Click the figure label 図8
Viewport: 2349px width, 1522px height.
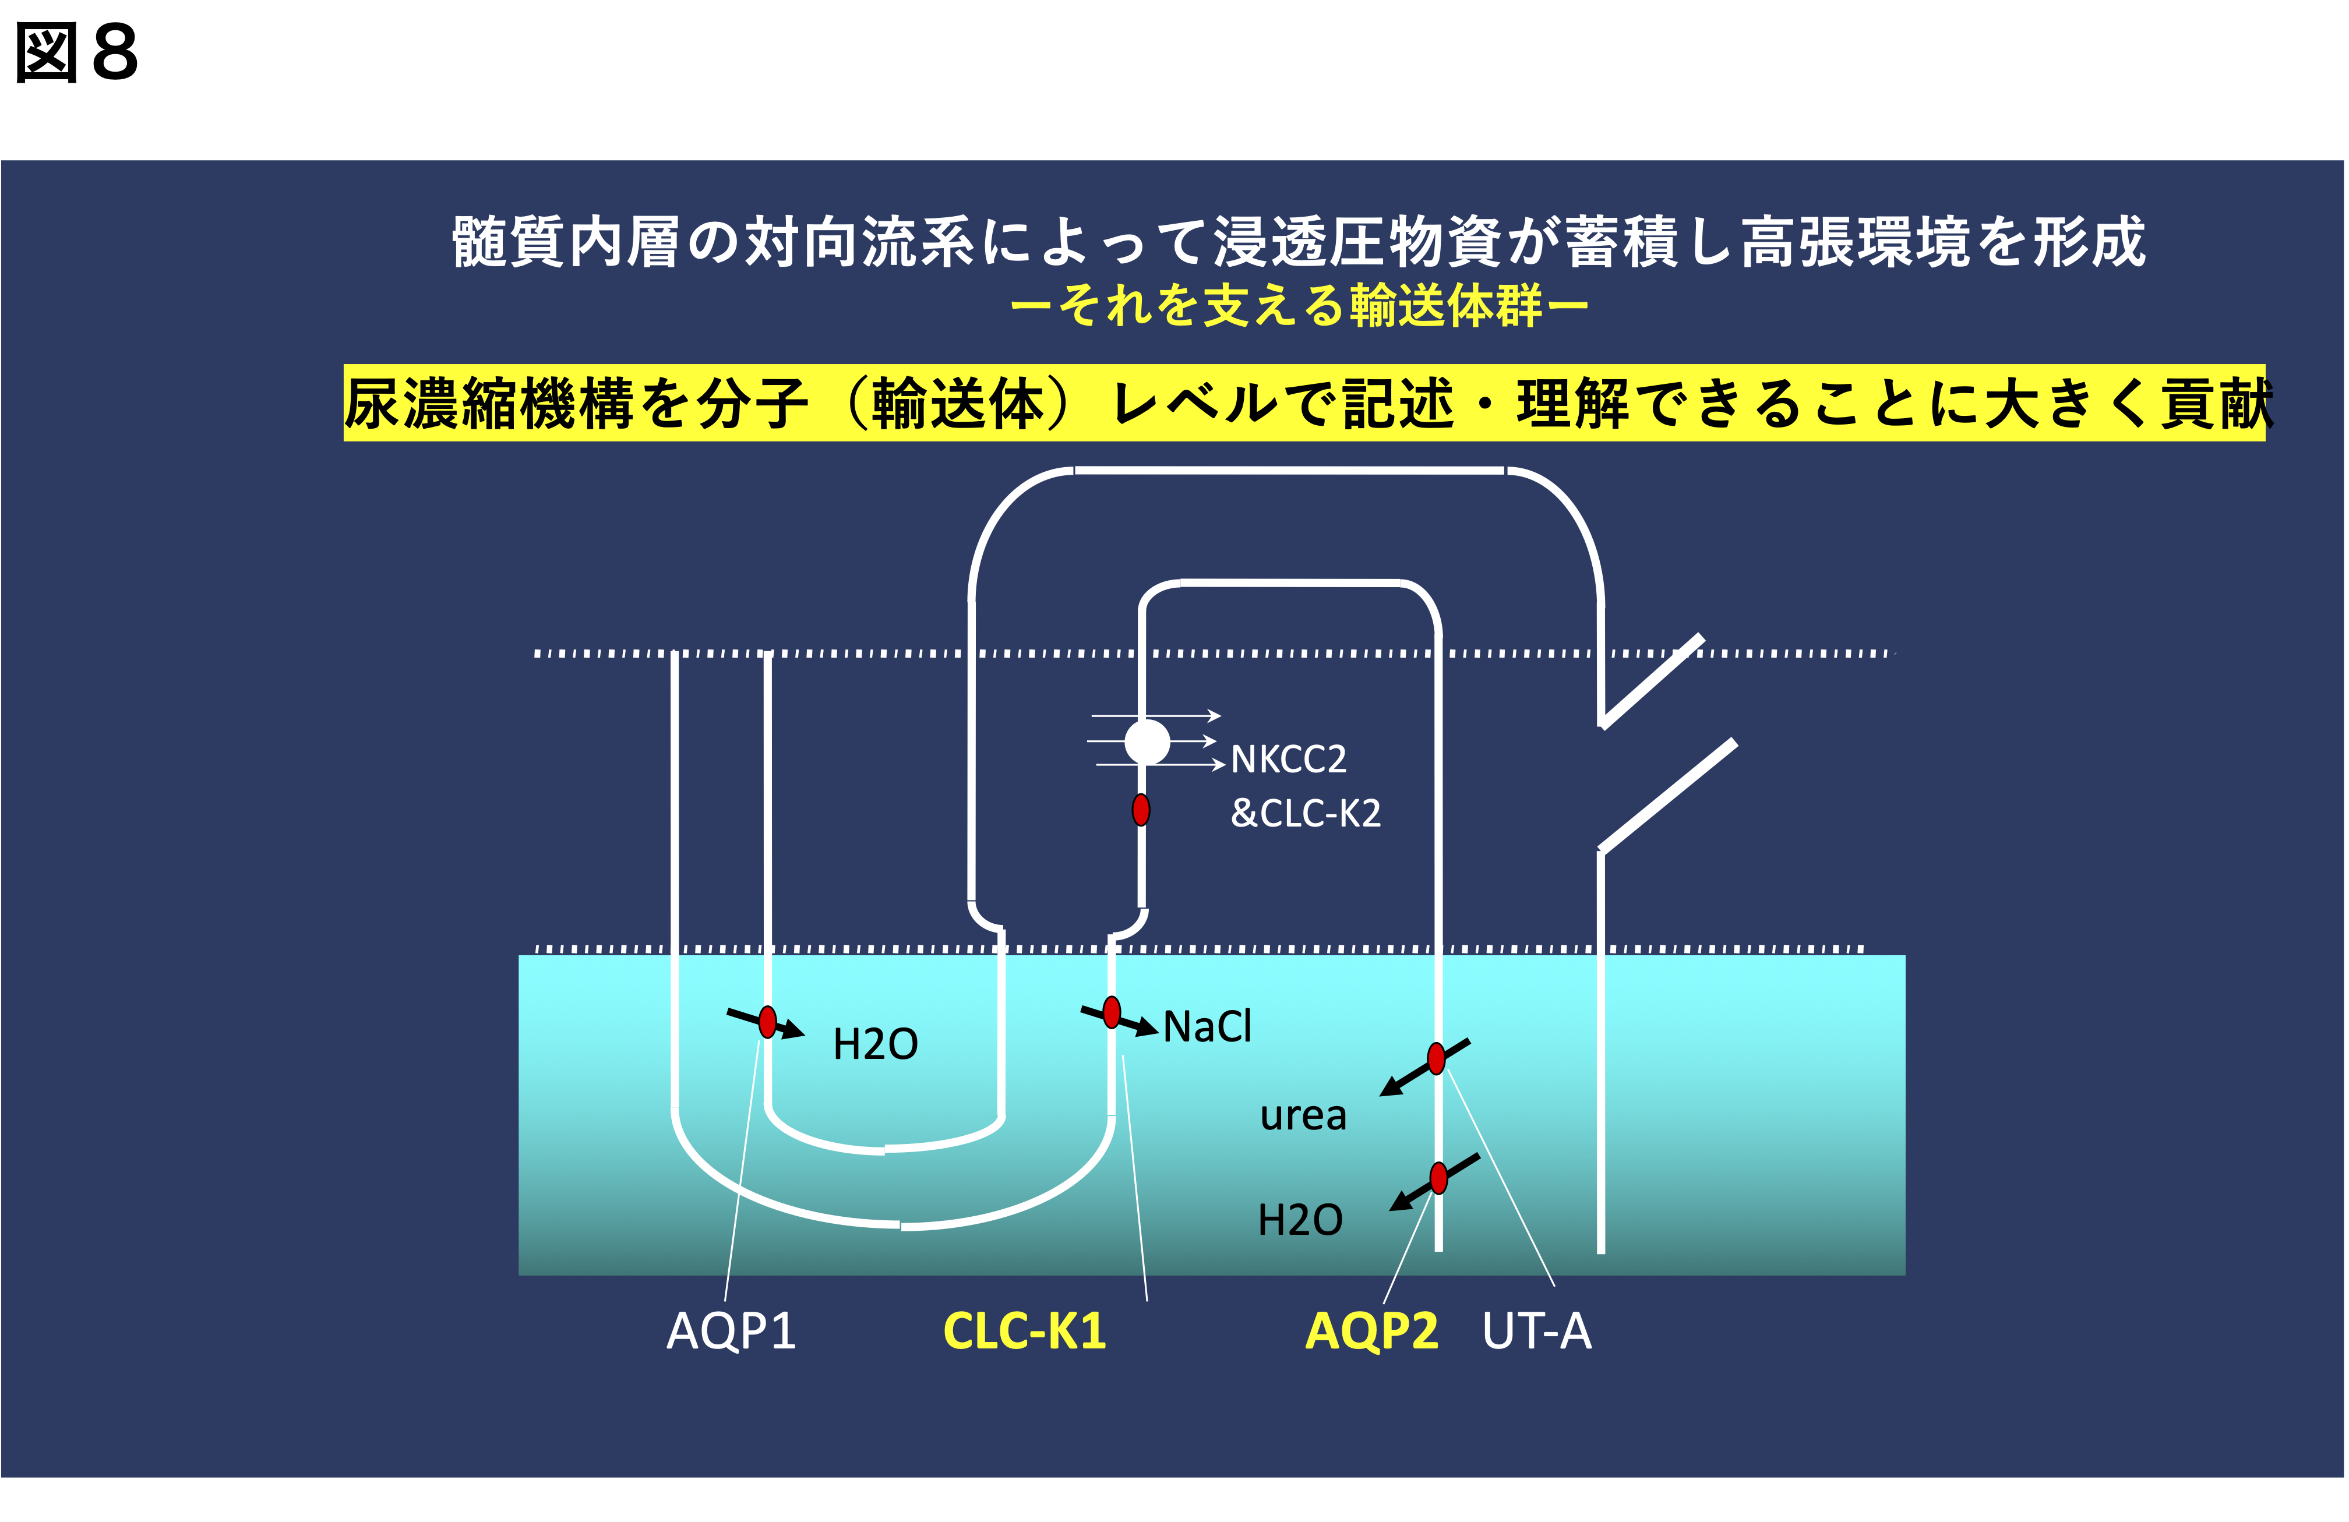pyautogui.click(x=77, y=54)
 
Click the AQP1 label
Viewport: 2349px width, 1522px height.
pyautogui.click(x=731, y=1330)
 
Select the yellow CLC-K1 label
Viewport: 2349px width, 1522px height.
pyautogui.click(x=1024, y=1330)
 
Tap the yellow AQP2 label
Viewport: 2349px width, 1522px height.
pyautogui.click(x=1371, y=1330)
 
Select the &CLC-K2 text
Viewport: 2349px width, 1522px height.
pyautogui.click(x=1305, y=813)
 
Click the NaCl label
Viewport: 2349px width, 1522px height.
pyautogui.click(x=1207, y=1026)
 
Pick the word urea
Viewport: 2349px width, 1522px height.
pyautogui.click(x=1303, y=1115)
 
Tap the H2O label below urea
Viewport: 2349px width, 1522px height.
pyautogui.click(x=1300, y=1220)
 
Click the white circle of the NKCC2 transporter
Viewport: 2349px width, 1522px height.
pyautogui.click(x=1147, y=741)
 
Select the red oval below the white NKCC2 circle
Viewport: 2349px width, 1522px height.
pyautogui.click(x=1141, y=810)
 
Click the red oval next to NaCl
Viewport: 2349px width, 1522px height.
pyautogui.click(x=1112, y=1012)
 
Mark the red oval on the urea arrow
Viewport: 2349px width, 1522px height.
pyautogui.click(x=1436, y=1058)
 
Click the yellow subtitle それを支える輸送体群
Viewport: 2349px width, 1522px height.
pyautogui.click(x=1299, y=305)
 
